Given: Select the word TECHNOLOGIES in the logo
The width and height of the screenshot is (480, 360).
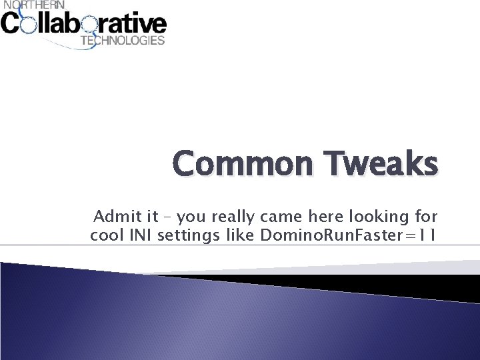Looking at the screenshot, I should coord(122,41).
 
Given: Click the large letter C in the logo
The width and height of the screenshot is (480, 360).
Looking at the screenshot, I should coord(11,25).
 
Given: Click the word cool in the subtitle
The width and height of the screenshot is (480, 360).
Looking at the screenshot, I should coord(105,235).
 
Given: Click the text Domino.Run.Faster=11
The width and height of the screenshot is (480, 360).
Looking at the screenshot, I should coord(347,235).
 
